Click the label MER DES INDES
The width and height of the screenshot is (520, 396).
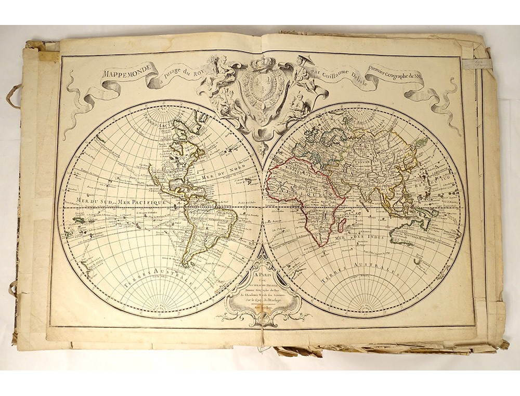point(370,238)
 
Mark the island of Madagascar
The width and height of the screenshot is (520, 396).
point(343,225)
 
